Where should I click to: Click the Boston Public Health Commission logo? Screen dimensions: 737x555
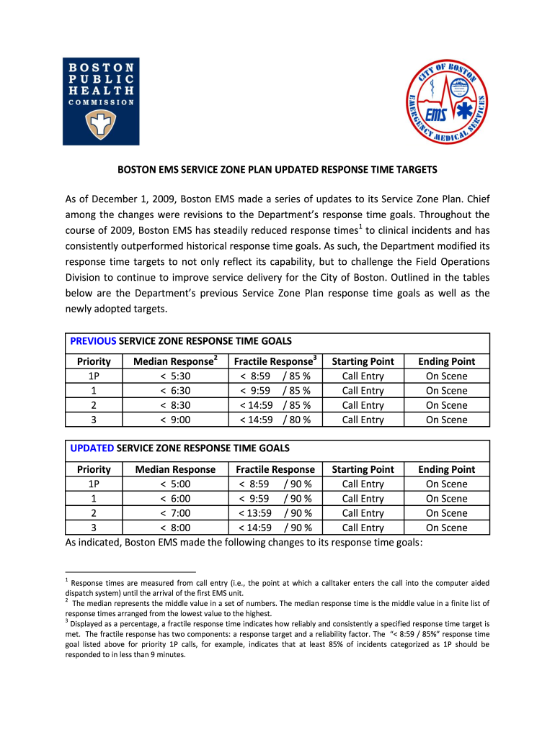point(100,101)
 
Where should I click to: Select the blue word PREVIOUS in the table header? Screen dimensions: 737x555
point(93,340)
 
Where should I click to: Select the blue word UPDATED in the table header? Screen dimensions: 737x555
point(92,448)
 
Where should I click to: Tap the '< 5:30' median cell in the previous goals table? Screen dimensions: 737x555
point(175,376)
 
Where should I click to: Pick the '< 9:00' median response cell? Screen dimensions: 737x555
point(175,420)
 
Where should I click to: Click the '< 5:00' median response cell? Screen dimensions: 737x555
point(175,484)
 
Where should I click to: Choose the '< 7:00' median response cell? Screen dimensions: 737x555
point(175,512)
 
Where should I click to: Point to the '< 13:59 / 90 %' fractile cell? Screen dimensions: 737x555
point(275,512)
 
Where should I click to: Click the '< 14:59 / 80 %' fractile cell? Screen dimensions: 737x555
point(275,420)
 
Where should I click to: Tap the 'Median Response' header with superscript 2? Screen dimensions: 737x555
point(176,361)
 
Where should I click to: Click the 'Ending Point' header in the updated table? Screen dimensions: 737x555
point(446,469)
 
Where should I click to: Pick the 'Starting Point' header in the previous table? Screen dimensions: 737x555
point(363,361)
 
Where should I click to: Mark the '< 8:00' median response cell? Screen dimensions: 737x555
point(175,528)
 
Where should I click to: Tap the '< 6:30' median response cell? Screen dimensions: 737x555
point(175,391)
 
